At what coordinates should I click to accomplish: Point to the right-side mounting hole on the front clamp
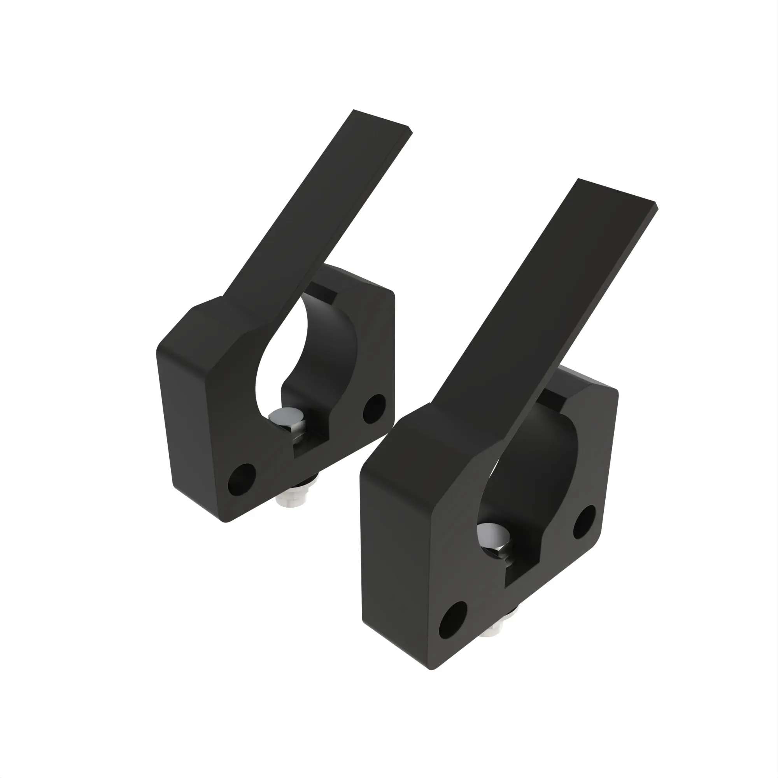584,522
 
